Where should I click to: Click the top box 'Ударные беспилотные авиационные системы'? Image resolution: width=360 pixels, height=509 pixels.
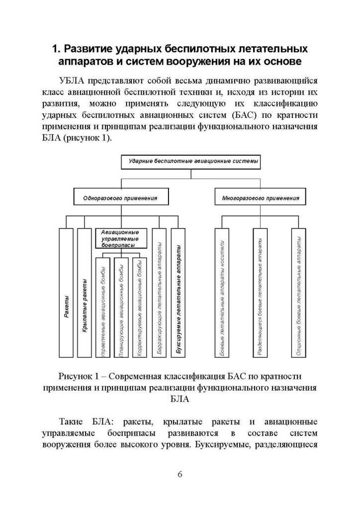[x=190, y=162]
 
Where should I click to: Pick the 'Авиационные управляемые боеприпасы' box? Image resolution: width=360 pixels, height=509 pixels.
[x=121, y=238]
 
